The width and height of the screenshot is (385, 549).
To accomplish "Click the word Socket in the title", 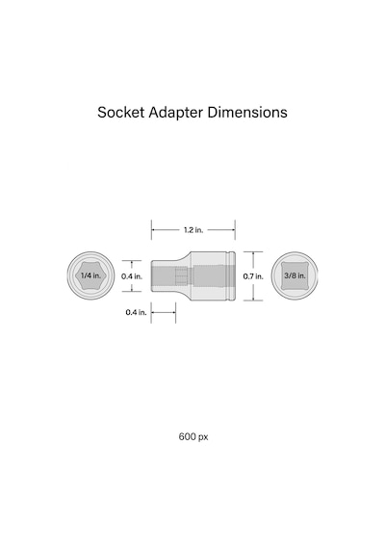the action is tap(120, 113).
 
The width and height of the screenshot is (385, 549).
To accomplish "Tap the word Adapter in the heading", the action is tap(176, 113).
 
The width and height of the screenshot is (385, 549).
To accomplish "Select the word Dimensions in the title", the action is tap(247, 113).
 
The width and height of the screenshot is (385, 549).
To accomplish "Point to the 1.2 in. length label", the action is tap(193, 230).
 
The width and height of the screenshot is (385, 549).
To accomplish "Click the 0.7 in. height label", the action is tap(253, 276).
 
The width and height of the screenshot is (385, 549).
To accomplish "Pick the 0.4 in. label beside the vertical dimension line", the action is tap(132, 276).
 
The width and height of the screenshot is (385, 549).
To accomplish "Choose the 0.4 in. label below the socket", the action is tap(136, 312).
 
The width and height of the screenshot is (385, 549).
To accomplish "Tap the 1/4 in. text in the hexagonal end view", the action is tap(90, 275).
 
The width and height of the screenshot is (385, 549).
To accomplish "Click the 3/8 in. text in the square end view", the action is tap(295, 275).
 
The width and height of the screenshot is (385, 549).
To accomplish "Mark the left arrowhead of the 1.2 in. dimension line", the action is tap(153, 230).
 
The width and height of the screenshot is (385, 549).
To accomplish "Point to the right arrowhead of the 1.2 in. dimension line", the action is tap(233, 230).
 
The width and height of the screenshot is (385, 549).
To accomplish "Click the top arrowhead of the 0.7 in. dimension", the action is tap(253, 253).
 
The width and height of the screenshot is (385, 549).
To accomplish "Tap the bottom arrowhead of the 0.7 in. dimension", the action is tap(253, 299).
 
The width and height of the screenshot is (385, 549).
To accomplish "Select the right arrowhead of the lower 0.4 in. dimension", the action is tap(173, 312).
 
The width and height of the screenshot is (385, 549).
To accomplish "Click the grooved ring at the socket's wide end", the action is tap(231, 275).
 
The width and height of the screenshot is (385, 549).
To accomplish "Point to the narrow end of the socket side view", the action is tap(153, 275).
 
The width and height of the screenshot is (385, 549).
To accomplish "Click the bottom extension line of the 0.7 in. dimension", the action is tap(253, 301).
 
